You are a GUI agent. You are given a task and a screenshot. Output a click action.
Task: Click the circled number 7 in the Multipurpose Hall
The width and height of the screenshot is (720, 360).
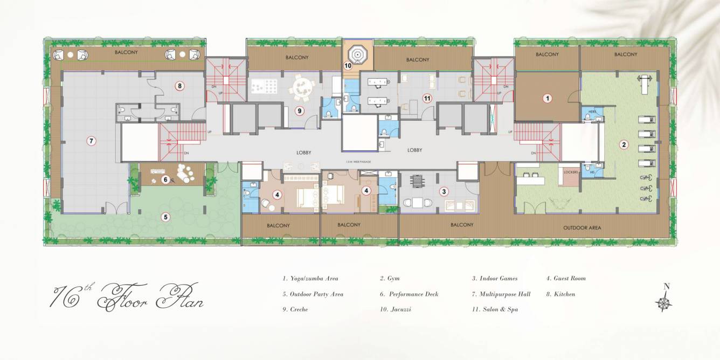[92, 141]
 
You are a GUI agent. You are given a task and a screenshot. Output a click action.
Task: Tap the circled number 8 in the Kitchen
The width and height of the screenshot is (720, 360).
[180, 85]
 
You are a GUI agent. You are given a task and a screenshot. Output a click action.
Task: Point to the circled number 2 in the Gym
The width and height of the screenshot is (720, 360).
[624, 144]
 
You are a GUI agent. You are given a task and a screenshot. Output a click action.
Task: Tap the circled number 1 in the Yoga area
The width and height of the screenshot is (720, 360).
[548, 98]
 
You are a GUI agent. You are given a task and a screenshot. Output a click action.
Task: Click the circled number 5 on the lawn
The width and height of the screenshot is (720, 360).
[166, 217]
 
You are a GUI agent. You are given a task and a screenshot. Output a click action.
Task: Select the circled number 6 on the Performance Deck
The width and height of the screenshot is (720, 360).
[166, 179]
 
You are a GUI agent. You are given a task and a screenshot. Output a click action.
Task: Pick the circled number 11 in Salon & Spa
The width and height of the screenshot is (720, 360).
[427, 98]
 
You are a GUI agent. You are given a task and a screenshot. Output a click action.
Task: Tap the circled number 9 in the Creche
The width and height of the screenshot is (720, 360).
[300, 111]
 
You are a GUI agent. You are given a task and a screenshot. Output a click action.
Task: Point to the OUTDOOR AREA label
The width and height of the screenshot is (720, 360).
[582, 228]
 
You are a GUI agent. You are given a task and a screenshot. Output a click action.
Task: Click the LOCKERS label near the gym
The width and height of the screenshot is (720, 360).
[571, 172]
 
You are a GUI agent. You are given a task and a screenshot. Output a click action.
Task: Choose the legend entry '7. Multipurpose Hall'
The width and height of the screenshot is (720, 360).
[501, 294]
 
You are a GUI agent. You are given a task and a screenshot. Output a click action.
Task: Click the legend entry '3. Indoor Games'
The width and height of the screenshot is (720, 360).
[495, 279]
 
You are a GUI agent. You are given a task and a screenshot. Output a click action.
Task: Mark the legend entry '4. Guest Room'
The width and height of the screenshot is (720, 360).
[566, 279]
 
